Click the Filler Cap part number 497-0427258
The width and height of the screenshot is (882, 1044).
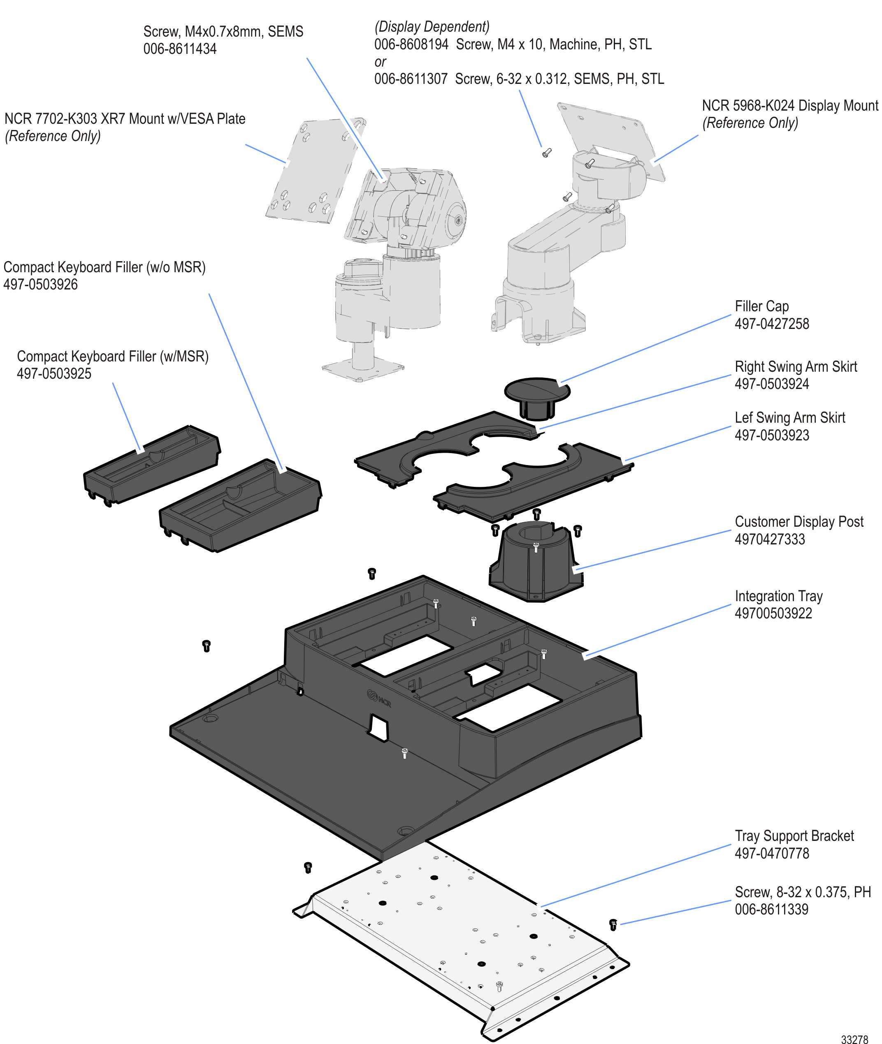pyautogui.click(x=771, y=324)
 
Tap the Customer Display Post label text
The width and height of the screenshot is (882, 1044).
pyautogui.click(x=798, y=522)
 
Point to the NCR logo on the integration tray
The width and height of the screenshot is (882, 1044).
pyautogui.click(x=379, y=698)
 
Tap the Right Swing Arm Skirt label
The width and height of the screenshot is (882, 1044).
pyautogui.click(x=796, y=367)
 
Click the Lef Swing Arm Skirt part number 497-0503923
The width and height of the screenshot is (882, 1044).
pyautogui.click(x=771, y=435)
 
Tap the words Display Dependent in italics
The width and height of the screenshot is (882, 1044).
pyautogui.click(x=432, y=26)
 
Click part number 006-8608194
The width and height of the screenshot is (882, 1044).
pyautogui.click(x=411, y=44)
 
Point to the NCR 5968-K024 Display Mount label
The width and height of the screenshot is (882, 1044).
pyautogui.click(x=789, y=106)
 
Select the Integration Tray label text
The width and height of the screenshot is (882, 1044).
pyautogui.click(x=778, y=596)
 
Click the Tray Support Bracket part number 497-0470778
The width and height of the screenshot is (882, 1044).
pyautogui.click(x=771, y=853)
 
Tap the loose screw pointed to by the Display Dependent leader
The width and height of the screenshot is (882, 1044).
pyautogui.click(x=546, y=153)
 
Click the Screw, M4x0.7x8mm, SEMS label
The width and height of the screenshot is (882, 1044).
pyautogui.click(x=223, y=32)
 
